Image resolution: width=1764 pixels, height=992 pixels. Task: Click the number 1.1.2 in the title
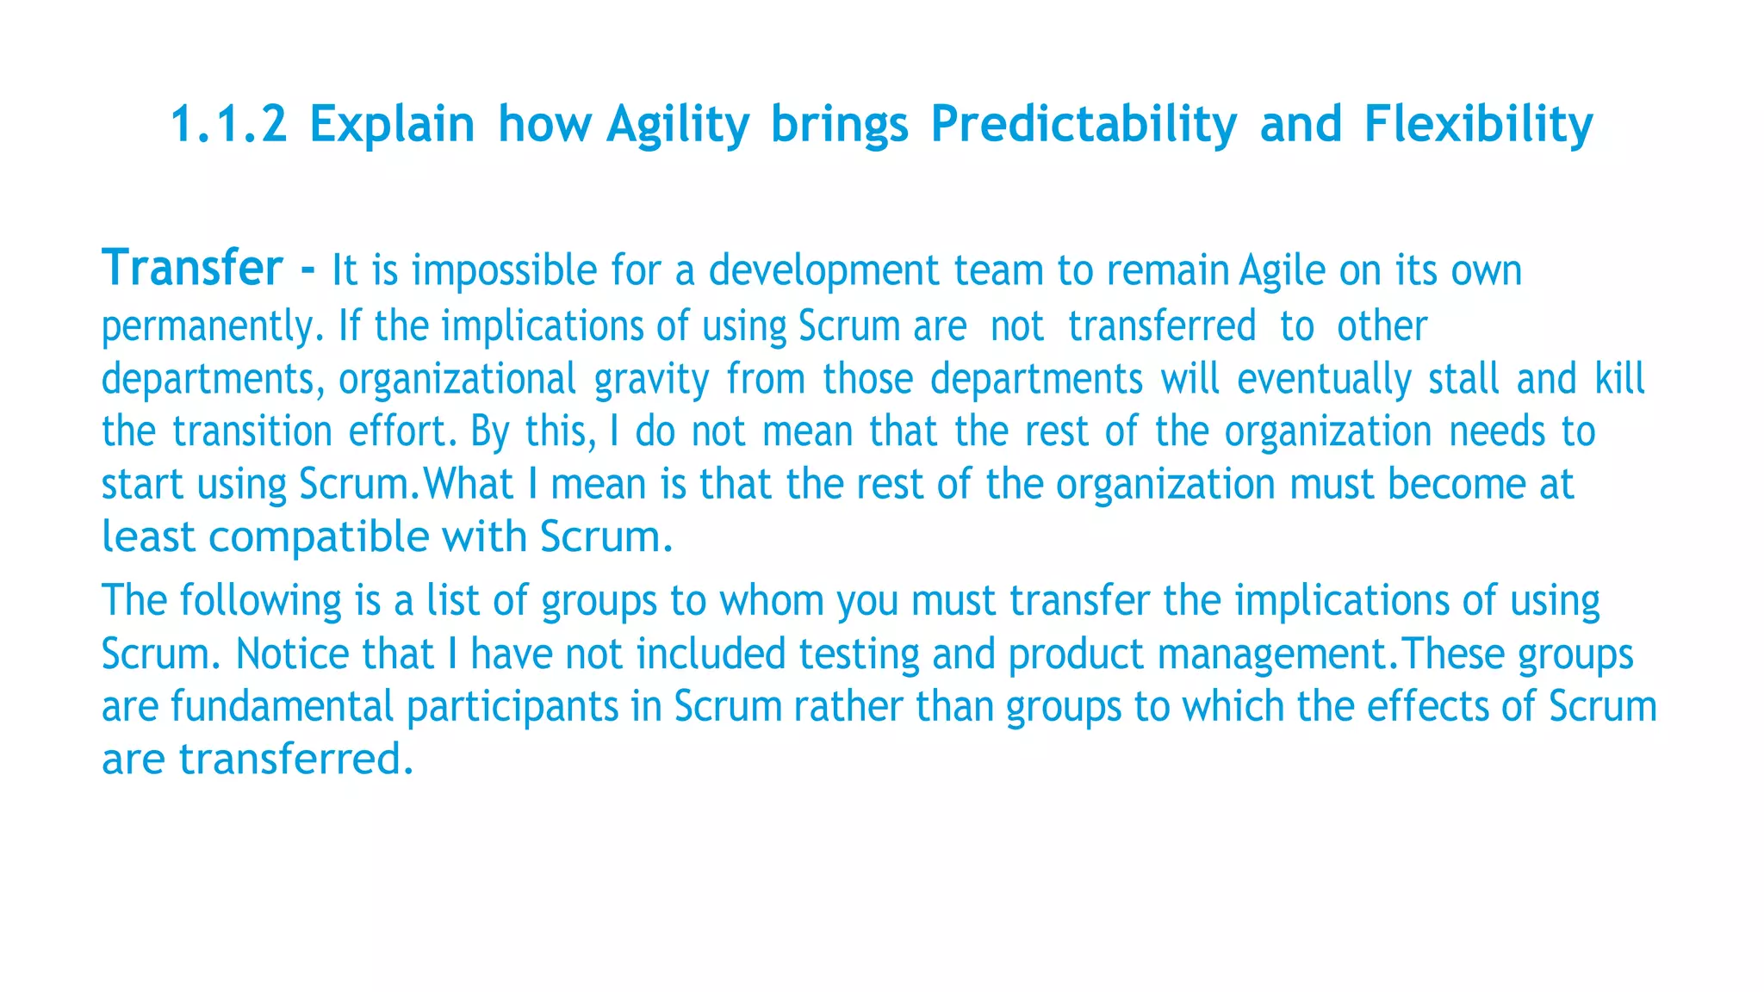coord(228,124)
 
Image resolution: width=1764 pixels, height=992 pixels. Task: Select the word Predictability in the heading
coord(1084,124)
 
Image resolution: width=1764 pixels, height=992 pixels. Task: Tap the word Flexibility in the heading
coord(1478,124)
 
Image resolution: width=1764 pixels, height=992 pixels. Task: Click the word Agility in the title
coord(678,124)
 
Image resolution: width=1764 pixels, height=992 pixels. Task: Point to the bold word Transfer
coord(192,268)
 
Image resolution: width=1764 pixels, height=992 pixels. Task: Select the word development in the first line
coord(823,270)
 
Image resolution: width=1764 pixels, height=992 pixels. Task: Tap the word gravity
coord(651,380)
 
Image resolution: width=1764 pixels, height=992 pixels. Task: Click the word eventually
coord(1324,380)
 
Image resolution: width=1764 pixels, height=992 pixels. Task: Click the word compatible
coord(319,537)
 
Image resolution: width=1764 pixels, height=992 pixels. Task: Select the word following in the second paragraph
coord(260,601)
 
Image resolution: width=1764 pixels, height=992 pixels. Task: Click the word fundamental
coord(282,707)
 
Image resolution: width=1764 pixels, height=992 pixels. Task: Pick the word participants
coord(512,707)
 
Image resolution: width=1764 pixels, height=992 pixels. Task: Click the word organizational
coord(457,380)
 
